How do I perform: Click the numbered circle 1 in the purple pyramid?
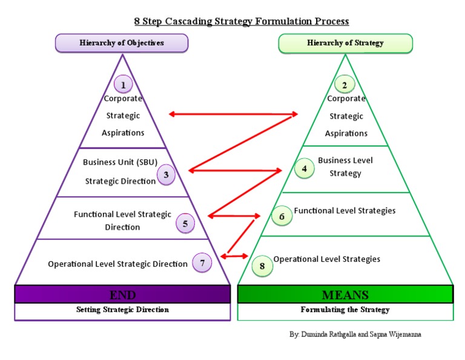pos(123,84)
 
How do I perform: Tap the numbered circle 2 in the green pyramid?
pos(345,85)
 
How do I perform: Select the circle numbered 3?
pos(166,175)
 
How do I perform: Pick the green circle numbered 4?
pos(304,168)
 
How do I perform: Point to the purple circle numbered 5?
pos(185,224)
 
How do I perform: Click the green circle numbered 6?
pos(282,216)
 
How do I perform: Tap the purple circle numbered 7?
pos(202,263)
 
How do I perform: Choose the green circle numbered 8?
pos(262,265)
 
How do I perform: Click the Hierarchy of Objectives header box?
pos(122,43)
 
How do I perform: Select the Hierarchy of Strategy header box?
pos(345,43)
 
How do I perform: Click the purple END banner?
pos(122,295)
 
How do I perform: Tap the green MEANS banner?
pos(345,295)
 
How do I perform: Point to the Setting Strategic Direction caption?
pos(122,310)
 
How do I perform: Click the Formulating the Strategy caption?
pos(345,310)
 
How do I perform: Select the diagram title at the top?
pos(241,21)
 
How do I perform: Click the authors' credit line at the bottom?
pos(355,335)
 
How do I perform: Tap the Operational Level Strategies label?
pos(327,259)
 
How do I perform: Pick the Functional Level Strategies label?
pos(345,211)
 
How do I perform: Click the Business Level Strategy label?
pos(345,167)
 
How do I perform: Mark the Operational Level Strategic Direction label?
pos(117,264)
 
